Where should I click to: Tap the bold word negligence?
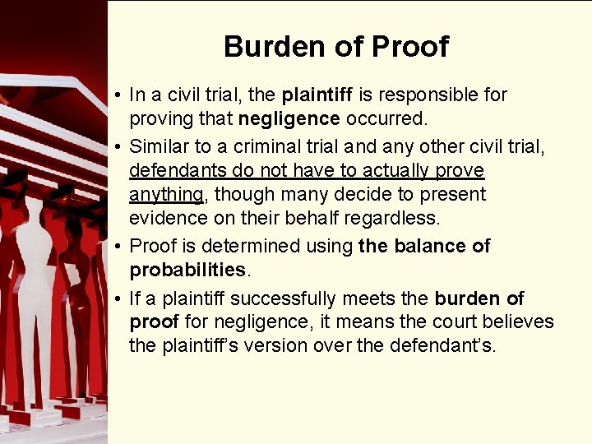click(x=289, y=118)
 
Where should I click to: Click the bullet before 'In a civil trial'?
click(x=119, y=95)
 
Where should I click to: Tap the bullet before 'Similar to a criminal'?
click(x=119, y=147)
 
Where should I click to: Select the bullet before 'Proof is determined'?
click(x=119, y=247)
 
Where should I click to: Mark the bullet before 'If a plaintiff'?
click(x=119, y=298)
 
